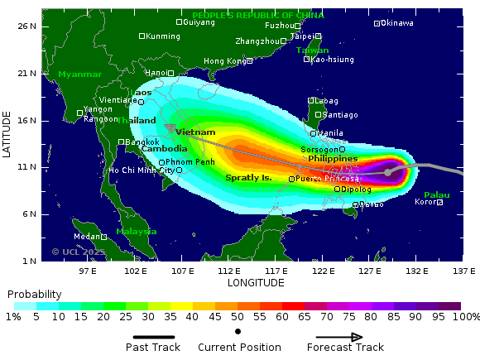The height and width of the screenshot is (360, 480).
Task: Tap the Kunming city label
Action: (x=162, y=36)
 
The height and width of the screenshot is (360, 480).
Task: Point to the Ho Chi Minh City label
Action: (x=142, y=170)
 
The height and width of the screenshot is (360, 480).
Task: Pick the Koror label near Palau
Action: (x=425, y=202)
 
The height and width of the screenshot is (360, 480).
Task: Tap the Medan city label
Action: (x=87, y=237)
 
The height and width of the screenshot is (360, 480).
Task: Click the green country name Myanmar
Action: (x=79, y=74)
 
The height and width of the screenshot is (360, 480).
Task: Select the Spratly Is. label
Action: (x=248, y=178)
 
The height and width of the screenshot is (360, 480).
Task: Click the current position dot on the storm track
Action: (x=387, y=172)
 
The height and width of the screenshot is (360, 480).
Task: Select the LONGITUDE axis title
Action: (x=256, y=283)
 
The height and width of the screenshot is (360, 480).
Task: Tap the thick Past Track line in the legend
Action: (x=155, y=337)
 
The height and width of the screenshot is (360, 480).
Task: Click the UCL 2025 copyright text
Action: (x=79, y=252)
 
